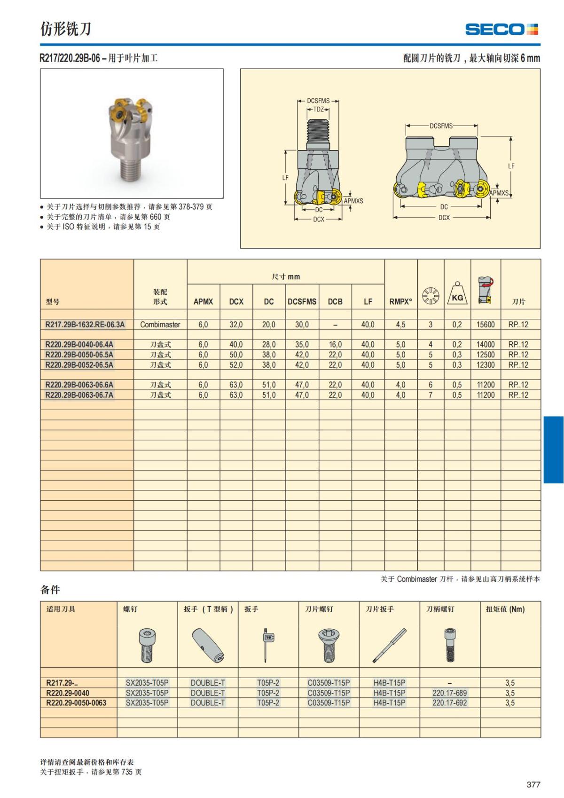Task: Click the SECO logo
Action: click(x=501, y=29)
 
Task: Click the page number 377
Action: click(x=533, y=784)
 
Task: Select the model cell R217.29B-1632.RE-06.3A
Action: click(x=85, y=324)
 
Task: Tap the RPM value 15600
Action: click(x=486, y=324)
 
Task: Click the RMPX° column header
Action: click(x=400, y=302)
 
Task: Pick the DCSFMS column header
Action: click(x=302, y=302)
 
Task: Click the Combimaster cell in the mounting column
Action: click(x=160, y=324)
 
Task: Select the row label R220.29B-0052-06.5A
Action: click(x=79, y=365)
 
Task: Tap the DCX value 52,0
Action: click(x=236, y=365)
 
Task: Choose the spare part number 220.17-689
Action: click(x=449, y=693)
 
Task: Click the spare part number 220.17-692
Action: click(x=449, y=703)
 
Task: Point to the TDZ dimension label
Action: click(x=318, y=109)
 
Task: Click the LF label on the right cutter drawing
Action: click(x=511, y=166)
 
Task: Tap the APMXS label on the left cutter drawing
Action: click(x=353, y=201)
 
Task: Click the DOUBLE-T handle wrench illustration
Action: click(x=208, y=645)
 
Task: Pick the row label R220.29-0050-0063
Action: click(x=76, y=703)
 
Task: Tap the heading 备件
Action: click(x=50, y=590)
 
